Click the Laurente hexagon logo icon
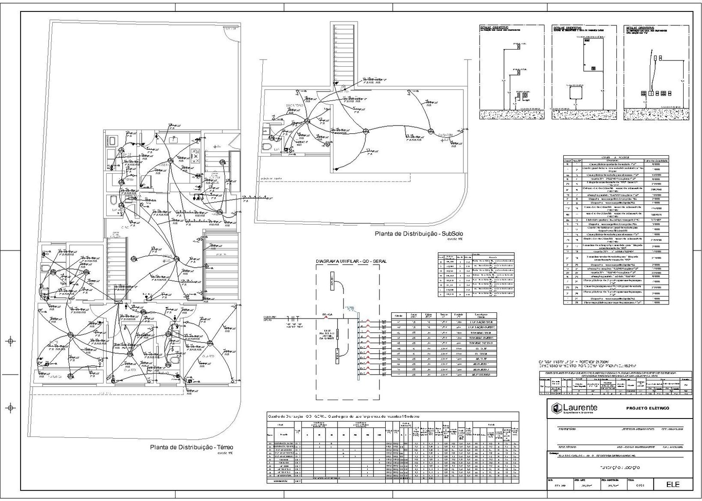556,408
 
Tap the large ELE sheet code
673,484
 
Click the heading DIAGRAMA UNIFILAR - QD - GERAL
351,261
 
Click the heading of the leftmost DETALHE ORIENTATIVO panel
498,28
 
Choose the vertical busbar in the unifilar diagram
358,345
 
